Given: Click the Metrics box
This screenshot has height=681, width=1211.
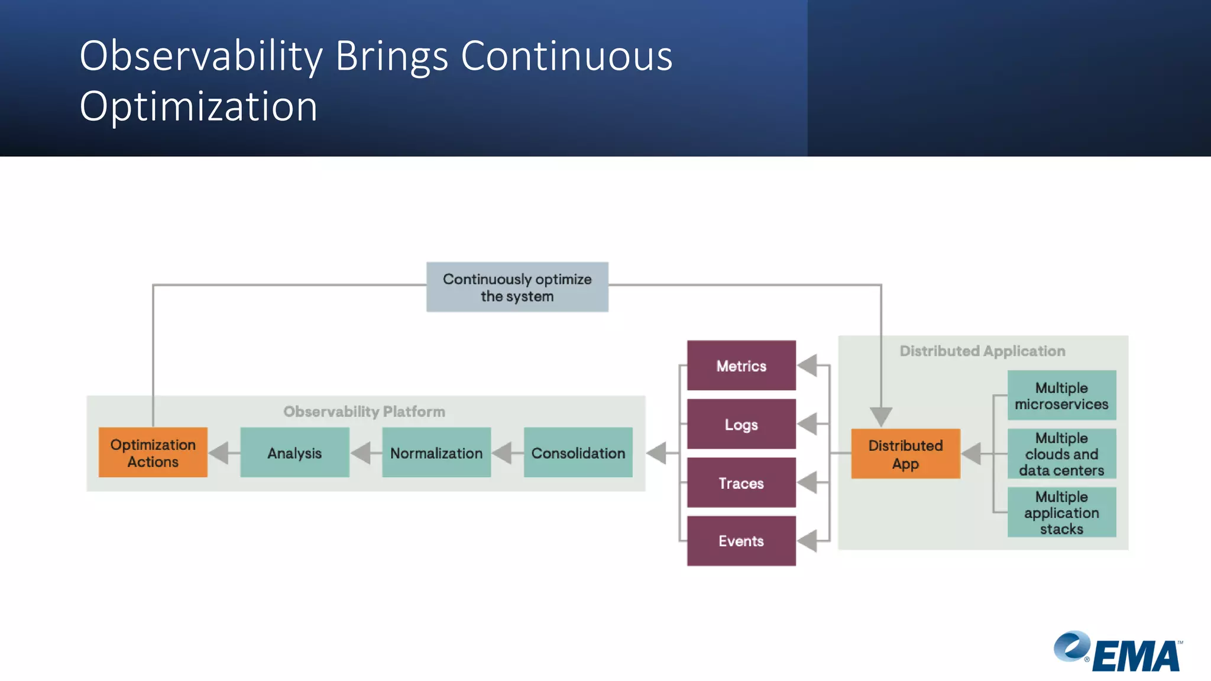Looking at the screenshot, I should pos(741,365).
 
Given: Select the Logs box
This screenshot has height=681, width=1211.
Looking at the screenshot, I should pos(741,424).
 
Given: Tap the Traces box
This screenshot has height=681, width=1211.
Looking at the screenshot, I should pos(741,482).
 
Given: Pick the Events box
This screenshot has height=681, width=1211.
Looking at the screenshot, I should pos(741,540).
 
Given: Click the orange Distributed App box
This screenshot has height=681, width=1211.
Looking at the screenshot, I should pos(905,453).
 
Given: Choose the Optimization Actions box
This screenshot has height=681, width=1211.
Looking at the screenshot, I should pos(153,452).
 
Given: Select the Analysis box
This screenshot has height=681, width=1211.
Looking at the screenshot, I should pos(294,452).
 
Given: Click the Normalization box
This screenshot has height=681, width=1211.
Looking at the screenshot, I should pos(436,452).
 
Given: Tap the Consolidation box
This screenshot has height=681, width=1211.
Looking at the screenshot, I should pos(578,452).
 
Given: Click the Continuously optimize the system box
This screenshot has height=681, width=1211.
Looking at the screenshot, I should pos(517,287).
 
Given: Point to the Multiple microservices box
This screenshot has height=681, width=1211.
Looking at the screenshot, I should pos(1061,395).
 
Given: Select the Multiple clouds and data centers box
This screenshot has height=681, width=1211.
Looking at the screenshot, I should pos(1061,453).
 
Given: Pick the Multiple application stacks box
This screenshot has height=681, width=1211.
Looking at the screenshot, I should pos(1061,512).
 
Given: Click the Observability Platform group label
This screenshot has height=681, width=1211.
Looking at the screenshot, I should pos(364,411).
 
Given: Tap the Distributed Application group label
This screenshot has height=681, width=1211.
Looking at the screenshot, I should pos(982,351).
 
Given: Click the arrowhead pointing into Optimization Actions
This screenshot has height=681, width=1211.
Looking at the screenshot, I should pos(219,453).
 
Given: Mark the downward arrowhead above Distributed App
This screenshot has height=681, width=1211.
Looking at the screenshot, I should pos(881,416).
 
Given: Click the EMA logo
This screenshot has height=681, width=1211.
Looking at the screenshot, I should pos(1118,652).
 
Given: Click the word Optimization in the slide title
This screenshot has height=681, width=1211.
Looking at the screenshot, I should pos(199,107).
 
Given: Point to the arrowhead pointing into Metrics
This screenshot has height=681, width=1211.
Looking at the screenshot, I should pos(808,365).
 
